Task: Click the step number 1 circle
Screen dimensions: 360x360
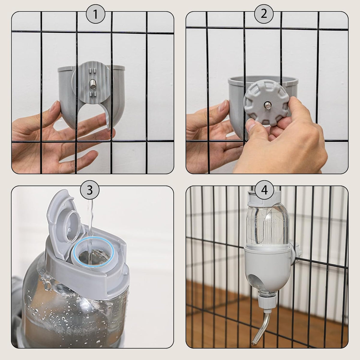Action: pos(95,14)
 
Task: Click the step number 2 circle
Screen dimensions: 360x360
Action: pos(264,14)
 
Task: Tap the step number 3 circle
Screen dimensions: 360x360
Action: pos(89,190)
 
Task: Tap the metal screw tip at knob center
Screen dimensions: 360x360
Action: pos(267,105)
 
